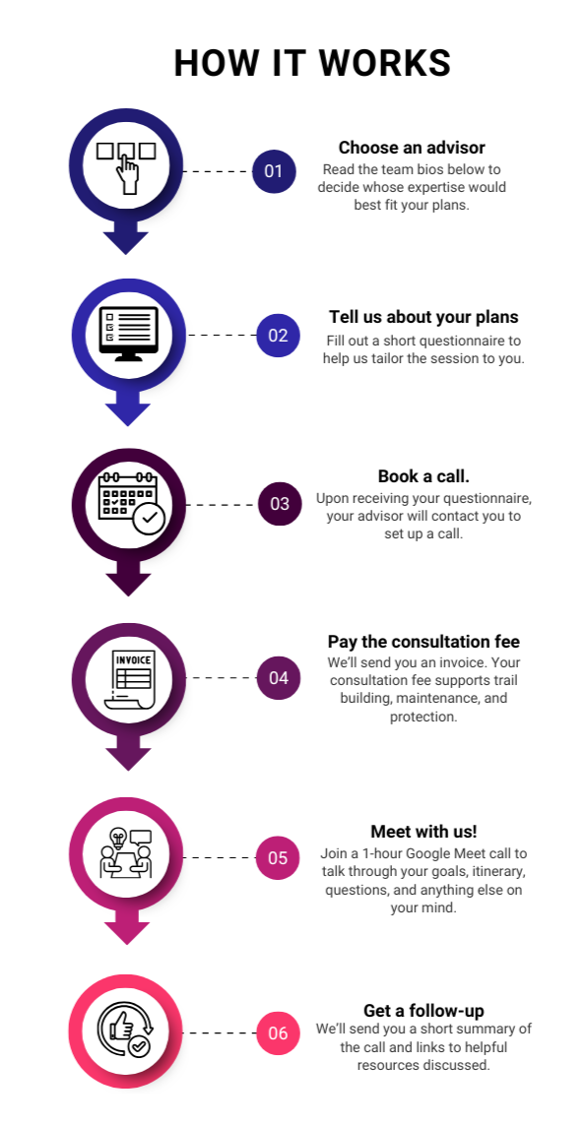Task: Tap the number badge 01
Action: click(274, 171)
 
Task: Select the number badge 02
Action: click(278, 335)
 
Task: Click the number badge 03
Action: click(280, 504)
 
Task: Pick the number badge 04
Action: click(279, 678)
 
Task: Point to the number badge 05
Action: click(278, 858)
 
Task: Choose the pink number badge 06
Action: click(278, 1033)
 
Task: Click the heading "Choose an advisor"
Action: click(412, 148)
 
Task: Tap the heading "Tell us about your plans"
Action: click(423, 317)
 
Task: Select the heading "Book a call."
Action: click(423, 476)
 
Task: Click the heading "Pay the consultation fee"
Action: click(423, 642)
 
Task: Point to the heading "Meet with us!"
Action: click(423, 832)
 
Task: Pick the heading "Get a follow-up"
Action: click(423, 1011)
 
